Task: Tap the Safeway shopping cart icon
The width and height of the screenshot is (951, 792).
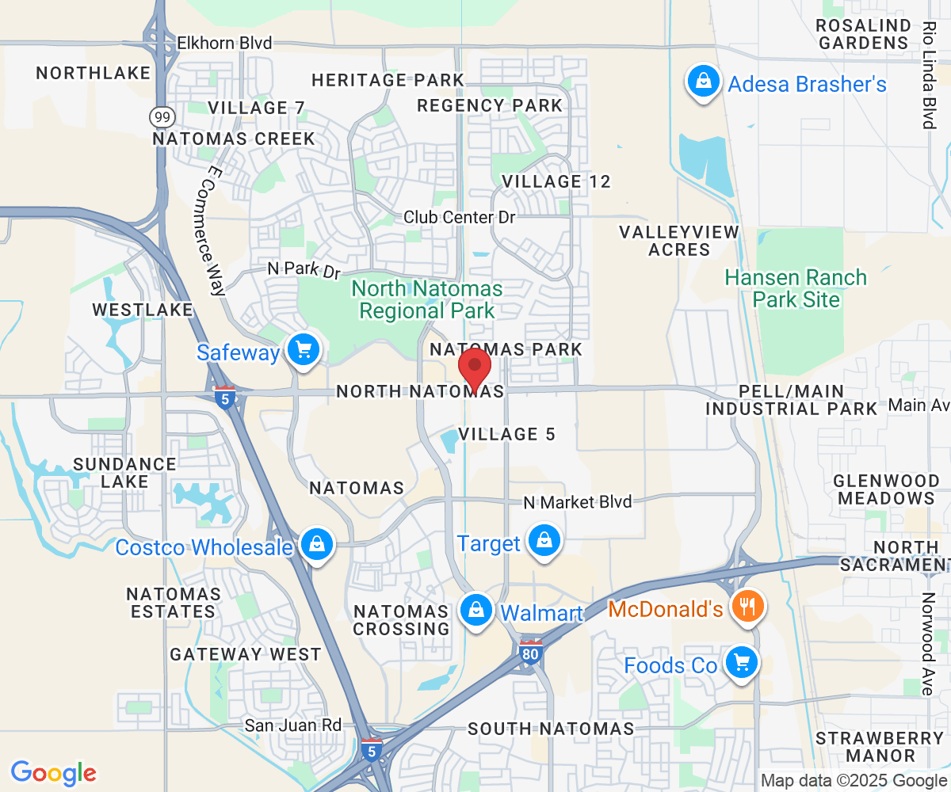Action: click(303, 349)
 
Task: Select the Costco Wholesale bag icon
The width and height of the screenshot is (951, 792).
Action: click(316, 545)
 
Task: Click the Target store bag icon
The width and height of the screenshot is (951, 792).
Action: click(544, 541)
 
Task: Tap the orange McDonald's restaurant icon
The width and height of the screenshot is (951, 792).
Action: click(745, 607)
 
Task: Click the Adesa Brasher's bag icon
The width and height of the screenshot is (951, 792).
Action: click(702, 81)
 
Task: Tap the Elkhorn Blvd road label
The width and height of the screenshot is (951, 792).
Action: click(224, 43)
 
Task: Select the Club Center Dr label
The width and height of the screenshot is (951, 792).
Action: click(460, 216)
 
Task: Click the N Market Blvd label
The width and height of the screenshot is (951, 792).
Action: click(579, 502)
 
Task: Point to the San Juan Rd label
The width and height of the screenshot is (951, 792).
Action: click(292, 725)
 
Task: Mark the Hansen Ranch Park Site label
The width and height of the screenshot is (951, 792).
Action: click(796, 288)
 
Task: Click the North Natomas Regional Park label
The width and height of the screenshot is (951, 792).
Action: click(426, 299)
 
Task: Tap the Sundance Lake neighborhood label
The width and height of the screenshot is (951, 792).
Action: click(124, 472)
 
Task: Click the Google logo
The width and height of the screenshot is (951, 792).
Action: click(54, 772)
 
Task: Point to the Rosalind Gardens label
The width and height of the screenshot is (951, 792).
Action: click(863, 33)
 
